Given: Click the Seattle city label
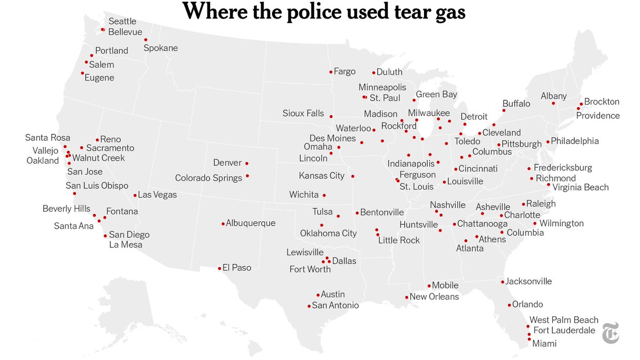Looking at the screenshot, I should tap(122, 21).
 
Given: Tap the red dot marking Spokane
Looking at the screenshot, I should tap(146, 40).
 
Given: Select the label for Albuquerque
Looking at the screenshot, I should tap(251, 223).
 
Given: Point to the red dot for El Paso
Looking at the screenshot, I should tap(219, 268).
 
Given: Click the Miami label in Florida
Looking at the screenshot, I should tap(545, 343).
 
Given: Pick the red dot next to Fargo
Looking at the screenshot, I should tap(331, 71).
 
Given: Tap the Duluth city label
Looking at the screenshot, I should tap(389, 72).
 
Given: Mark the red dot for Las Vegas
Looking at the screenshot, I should tap(135, 195).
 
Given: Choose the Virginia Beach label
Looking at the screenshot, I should tap(580, 187).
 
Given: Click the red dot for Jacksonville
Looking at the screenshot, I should tap(502, 282).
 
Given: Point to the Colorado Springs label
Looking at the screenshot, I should tap(209, 178).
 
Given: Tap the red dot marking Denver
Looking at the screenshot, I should tap(246, 163).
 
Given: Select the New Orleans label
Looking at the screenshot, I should tap(434, 297).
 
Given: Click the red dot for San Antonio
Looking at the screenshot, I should tap(309, 306).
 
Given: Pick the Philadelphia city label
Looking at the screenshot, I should tap(574, 141).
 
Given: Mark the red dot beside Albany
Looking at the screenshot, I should tap(553, 103).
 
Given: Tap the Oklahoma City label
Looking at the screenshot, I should tap(328, 233).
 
